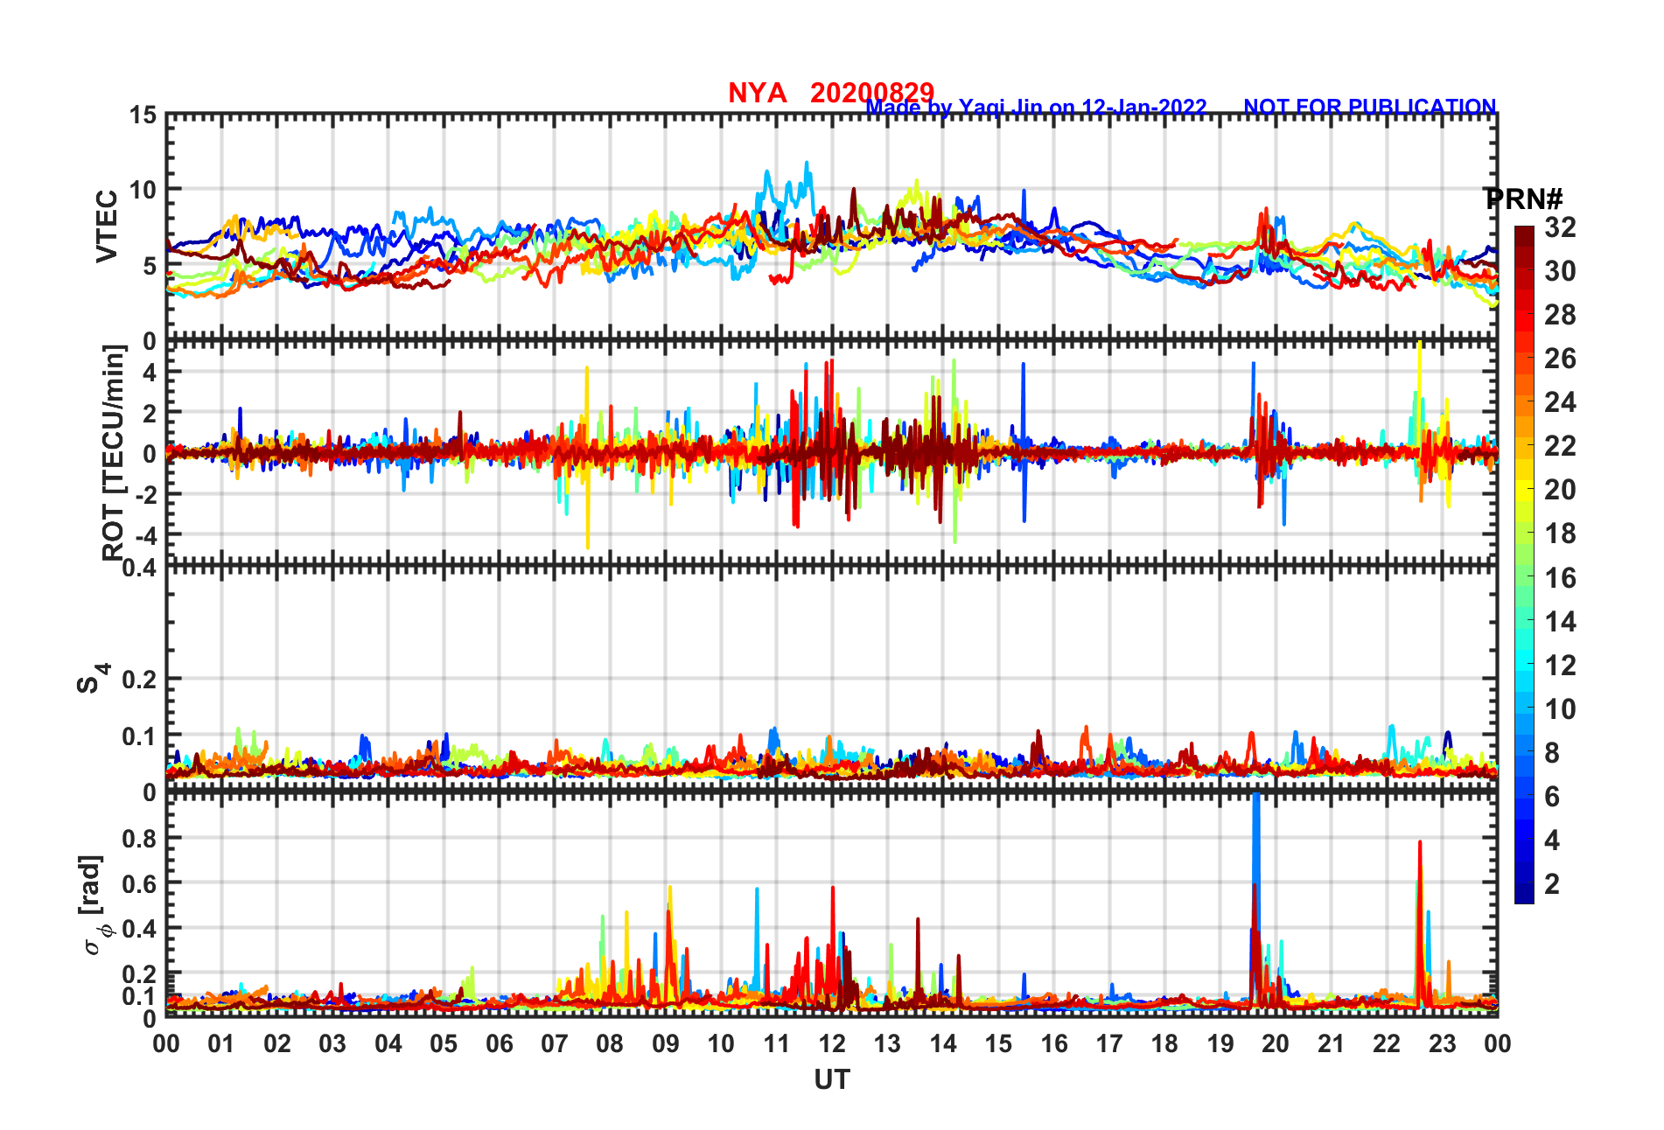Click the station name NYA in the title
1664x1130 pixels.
pos(757,93)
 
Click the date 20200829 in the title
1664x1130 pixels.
pos(871,93)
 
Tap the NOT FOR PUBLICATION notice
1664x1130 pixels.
pos(1369,107)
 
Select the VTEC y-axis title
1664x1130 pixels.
pos(107,226)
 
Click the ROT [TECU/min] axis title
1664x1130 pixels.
pos(113,452)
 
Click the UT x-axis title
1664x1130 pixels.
pos(831,1080)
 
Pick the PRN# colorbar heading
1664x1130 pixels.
pos(1523,199)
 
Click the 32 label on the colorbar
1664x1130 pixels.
pos(1560,227)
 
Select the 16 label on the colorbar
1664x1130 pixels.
pos(1560,577)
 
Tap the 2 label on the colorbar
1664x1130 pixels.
pos(1552,883)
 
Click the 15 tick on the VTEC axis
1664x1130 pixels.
pos(143,115)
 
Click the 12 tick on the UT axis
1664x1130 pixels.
pos(831,1043)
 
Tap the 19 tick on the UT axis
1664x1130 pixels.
pos(1220,1043)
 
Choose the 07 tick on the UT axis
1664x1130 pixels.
pos(554,1043)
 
